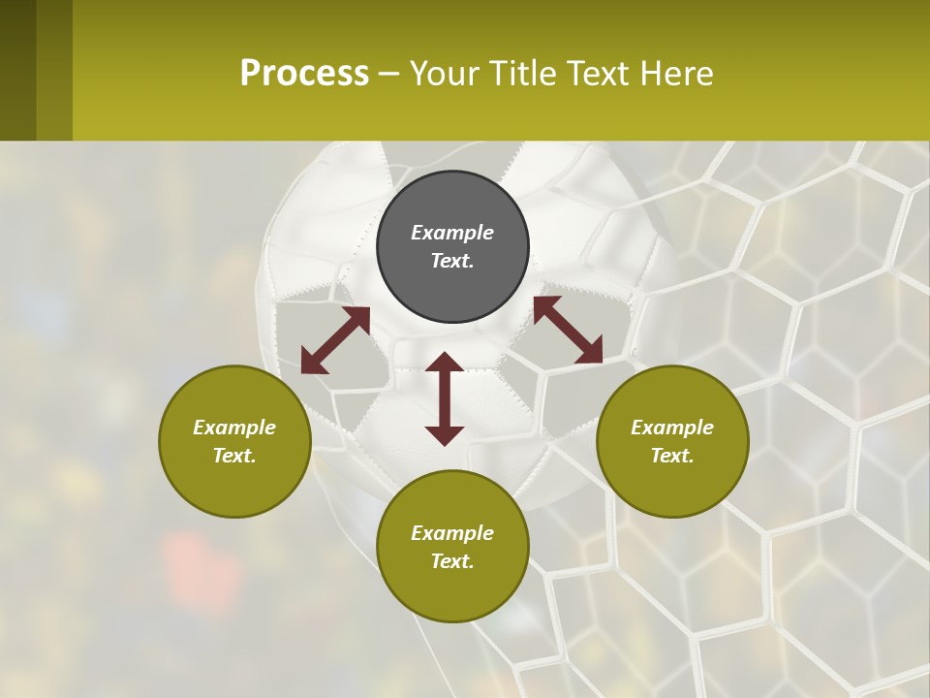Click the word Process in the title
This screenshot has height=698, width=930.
point(304,74)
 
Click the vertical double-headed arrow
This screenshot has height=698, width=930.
point(445,398)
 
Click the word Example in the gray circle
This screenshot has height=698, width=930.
point(452,233)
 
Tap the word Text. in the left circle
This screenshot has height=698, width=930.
point(234,456)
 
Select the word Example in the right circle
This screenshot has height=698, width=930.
point(672,428)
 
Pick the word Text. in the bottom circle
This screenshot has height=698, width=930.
point(452,561)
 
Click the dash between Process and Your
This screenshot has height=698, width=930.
point(388,74)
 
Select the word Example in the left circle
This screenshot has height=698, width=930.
point(234,428)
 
